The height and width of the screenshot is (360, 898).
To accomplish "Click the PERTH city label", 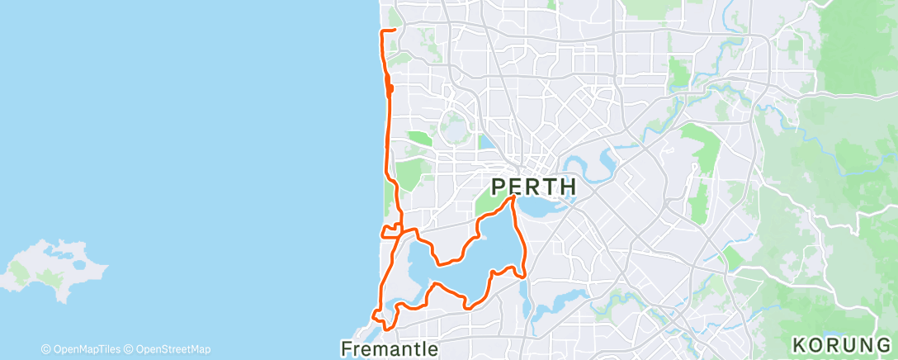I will coord(534,186).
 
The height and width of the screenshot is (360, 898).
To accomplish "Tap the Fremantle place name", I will coord(390,349).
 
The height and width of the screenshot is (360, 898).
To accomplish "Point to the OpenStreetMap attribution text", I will coord(173,349).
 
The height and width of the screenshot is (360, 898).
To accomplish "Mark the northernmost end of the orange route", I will coord(395,30).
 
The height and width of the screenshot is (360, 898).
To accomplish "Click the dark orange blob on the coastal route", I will coord(390,88).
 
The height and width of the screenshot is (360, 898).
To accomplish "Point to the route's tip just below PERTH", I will coord(513,197).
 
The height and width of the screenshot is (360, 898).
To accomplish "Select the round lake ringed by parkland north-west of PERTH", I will coord(454,129).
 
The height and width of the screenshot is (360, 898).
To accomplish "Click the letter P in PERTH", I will coord(499,186).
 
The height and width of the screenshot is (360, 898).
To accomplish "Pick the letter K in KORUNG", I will coord(797,343).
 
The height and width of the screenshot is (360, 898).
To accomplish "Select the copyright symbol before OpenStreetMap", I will coord(129,349).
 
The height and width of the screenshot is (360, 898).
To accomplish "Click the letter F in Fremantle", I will coord(347,349).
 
